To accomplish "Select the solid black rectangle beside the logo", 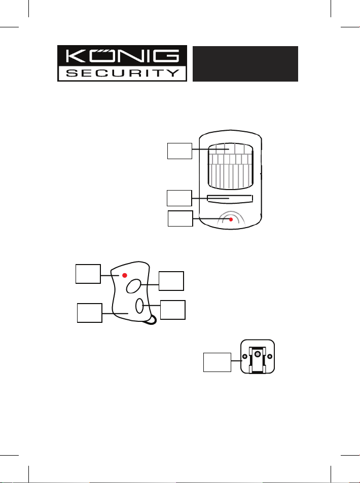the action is [245, 64].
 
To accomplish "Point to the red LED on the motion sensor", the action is [231, 219].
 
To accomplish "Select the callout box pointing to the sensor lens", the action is [180, 151].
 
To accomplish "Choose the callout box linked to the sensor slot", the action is [180, 198].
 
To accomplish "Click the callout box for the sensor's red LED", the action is [180, 218].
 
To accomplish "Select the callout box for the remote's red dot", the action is [88, 275].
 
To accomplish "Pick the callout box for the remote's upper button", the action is [171, 281].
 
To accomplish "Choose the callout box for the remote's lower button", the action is [172, 310].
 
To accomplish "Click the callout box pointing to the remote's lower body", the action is [89, 313].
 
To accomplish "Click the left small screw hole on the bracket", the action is [245, 357].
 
